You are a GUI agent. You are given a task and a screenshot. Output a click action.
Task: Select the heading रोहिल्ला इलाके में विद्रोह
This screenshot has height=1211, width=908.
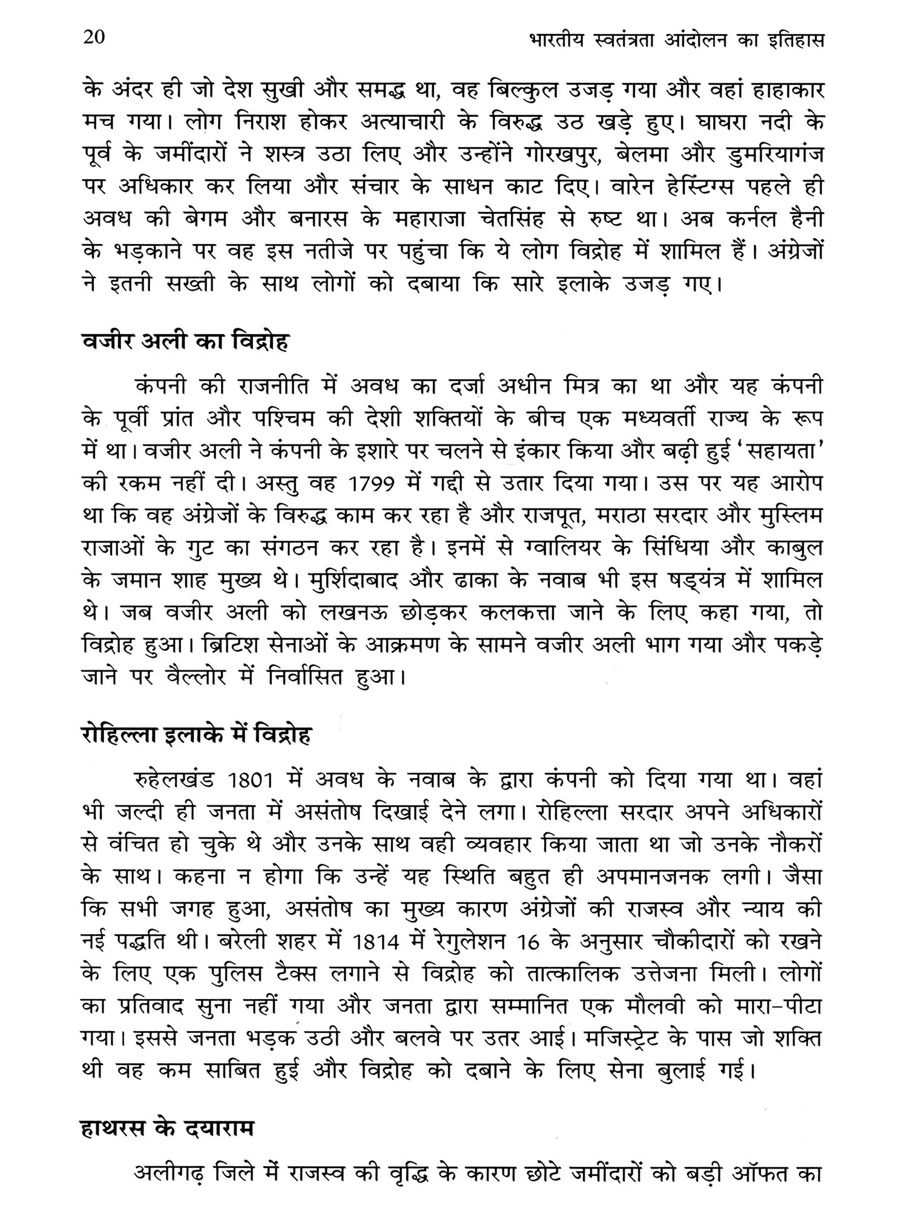[x=196, y=734]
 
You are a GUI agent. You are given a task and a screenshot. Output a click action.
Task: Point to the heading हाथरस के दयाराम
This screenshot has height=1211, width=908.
[x=168, y=1128]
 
